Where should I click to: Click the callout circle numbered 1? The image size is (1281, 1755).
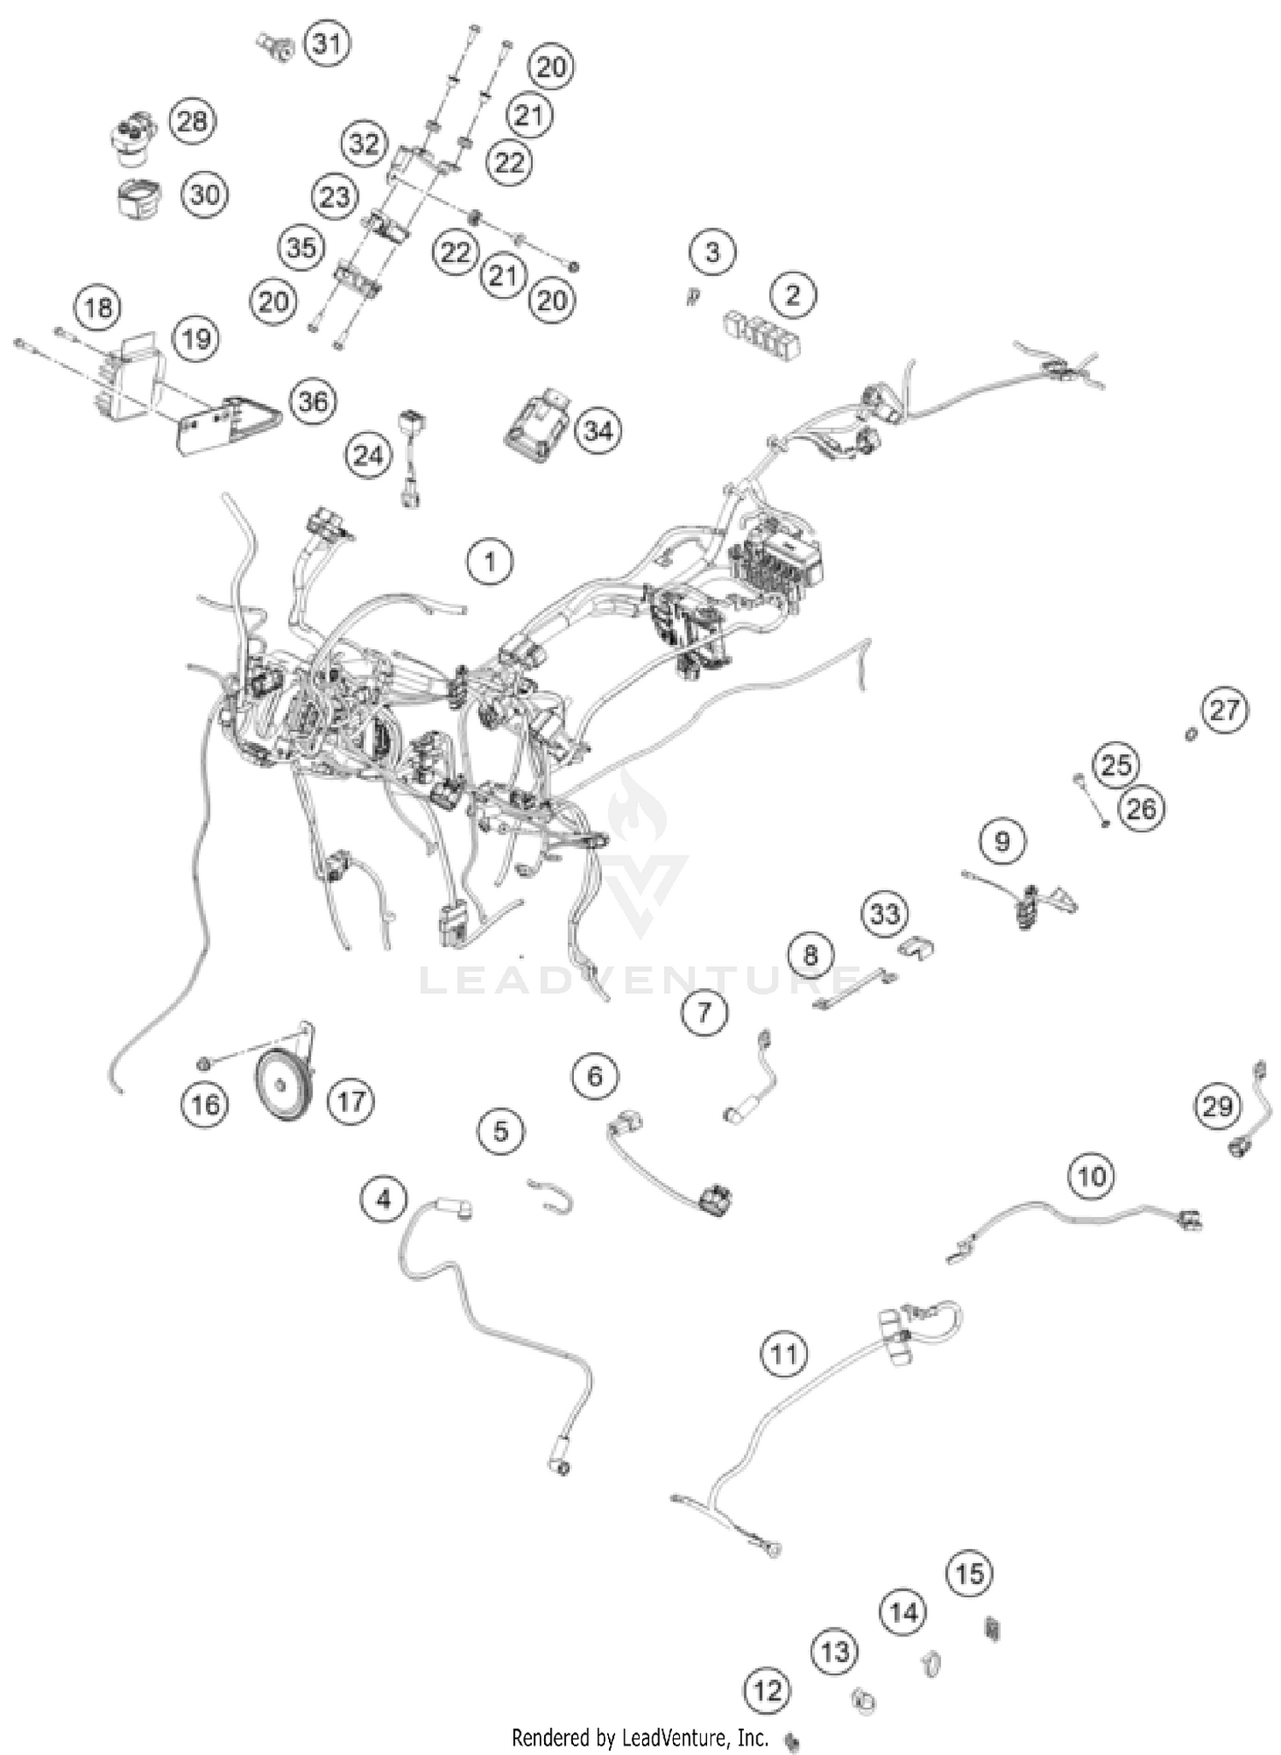pyautogui.click(x=489, y=561)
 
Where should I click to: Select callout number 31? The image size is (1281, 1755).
pyautogui.click(x=328, y=44)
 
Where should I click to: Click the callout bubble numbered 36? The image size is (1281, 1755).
pyautogui.click(x=313, y=401)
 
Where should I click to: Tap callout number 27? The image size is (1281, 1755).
pyautogui.click(x=1225, y=711)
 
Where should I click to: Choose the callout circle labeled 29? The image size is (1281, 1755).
pyautogui.click(x=1217, y=1107)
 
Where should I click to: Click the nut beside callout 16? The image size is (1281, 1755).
pyautogui.click(x=205, y=1063)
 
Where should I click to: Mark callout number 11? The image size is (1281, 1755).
pyautogui.click(x=784, y=1354)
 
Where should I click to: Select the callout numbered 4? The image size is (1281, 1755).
pyautogui.click(x=383, y=1200)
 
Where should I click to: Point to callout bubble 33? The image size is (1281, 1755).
pyautogui.click(x=885, y=914)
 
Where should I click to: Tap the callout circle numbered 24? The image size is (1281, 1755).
pyautogui.click(x=369, y=455)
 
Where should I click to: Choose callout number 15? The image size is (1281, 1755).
pyautogui.click(x=970, y=1574)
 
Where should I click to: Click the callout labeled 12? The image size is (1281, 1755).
pyautogui.click(x=768, y=1690)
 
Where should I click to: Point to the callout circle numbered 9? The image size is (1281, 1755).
pyautogui.click(x=1003, y=842)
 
